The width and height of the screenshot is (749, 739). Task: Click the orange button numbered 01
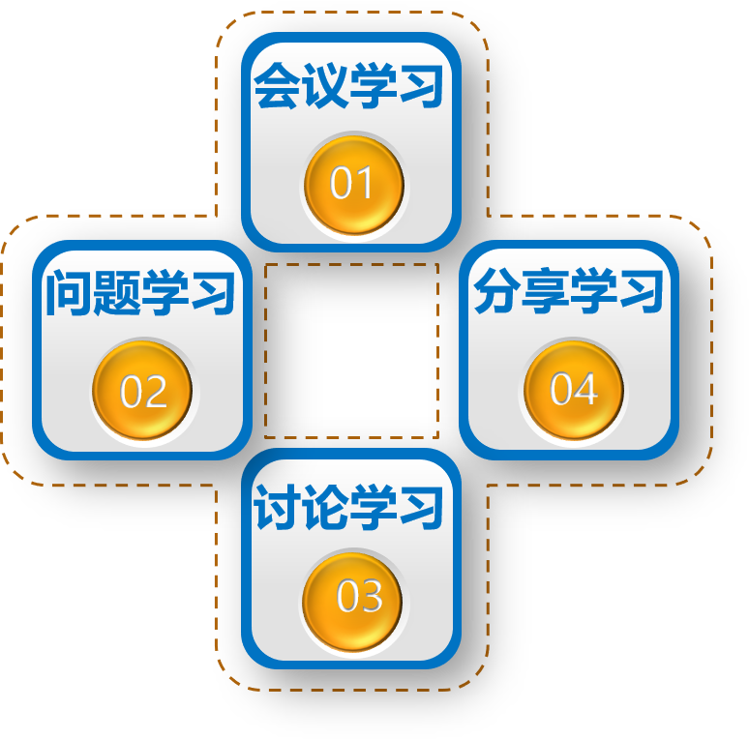352,184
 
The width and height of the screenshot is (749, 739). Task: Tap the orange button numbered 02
143,391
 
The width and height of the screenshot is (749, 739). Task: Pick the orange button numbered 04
573,389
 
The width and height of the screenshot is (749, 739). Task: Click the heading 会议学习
348,87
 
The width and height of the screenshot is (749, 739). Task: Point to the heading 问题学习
141,293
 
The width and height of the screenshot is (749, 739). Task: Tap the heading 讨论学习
348,508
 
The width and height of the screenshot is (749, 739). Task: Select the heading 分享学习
568,292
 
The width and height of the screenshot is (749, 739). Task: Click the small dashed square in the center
351,350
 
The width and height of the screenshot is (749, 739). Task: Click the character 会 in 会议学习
277,87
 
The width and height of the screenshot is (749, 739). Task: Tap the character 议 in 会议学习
324,87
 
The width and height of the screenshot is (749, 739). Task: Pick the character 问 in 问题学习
69,293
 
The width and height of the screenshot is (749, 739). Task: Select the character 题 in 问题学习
116,293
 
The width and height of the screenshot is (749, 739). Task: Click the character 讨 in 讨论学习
277,508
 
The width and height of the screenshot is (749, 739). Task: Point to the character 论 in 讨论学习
324,508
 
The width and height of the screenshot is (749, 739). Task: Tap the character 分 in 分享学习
496,292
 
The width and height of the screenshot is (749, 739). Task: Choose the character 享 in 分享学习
544,292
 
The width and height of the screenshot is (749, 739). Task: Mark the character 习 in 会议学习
420,87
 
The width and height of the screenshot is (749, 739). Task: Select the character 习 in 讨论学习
420,508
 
